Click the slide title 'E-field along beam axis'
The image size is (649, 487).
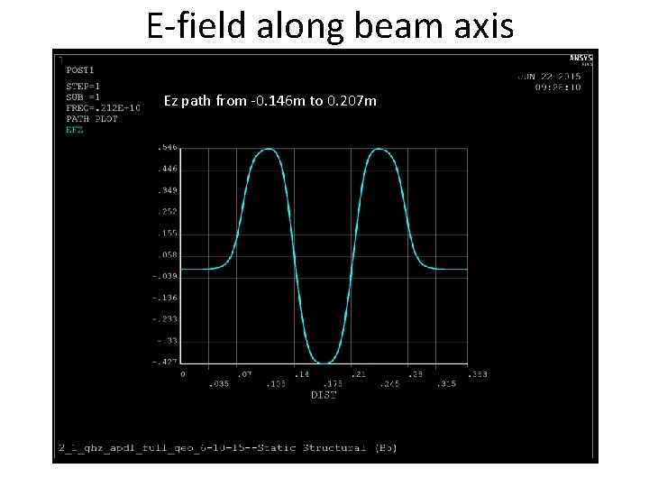(330, 25)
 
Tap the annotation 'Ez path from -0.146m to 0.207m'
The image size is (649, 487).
(270, 101)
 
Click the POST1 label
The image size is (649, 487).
(80, 69)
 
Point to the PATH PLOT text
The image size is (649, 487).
(92, 118)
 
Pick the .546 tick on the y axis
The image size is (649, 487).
(167, 146)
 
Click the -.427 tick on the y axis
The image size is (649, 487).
(165, 363)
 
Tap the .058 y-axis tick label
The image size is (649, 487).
(167, 255)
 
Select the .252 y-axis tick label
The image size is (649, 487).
(167, 212)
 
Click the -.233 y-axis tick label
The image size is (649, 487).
(165, 319)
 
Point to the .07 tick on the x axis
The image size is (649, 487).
(243, 373)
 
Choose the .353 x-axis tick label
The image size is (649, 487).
(478, 373)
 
